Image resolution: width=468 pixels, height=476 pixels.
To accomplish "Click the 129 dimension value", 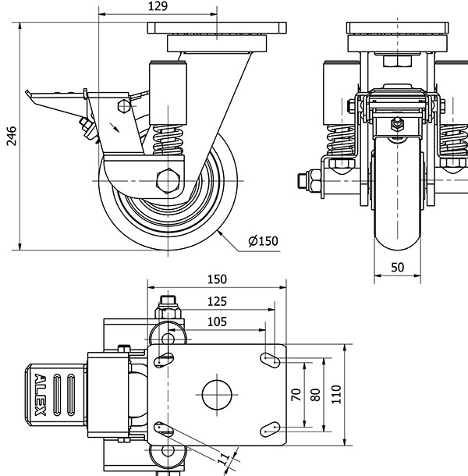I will pos(158,7).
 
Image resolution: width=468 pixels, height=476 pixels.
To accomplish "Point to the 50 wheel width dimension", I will pos(397,268).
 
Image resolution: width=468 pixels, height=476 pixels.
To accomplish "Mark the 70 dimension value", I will pos(296,394).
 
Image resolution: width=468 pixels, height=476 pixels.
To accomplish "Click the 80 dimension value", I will pos(315,394).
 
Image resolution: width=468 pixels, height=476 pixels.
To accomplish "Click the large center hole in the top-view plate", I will pos(218,393).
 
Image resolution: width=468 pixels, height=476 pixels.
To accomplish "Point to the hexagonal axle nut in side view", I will pos(168,180).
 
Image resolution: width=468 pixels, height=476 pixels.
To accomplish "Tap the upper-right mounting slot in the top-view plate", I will pos(270,360).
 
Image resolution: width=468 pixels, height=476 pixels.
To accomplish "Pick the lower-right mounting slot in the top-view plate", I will pos(270,428).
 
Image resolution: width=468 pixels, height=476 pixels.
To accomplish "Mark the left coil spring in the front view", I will pos(341,141).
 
